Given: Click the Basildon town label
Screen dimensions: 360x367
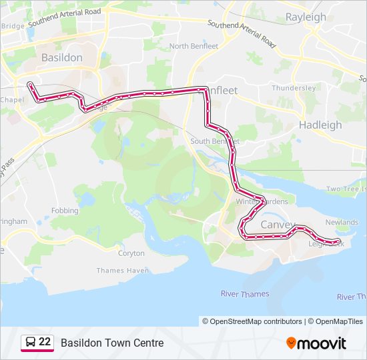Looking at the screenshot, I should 61,57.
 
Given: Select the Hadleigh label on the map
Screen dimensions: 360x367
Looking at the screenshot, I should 320,125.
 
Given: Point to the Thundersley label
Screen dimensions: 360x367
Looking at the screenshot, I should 294,88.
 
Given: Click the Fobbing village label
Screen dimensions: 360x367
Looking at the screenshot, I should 65,210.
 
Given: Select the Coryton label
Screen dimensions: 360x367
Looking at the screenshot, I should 131,253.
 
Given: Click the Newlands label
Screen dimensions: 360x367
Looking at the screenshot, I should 342,223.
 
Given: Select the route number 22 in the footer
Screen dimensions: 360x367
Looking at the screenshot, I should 45,342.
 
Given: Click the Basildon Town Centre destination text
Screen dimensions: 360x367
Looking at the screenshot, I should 112,343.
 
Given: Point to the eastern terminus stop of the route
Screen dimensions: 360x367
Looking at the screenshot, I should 338,241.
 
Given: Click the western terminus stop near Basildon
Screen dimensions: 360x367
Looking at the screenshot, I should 29,85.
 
